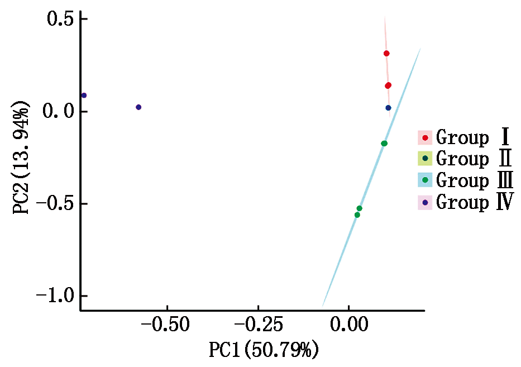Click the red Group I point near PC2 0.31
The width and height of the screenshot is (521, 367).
coord(386,54)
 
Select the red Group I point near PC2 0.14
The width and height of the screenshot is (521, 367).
coord(388,85)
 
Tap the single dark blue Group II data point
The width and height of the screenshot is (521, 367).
coord(389,108)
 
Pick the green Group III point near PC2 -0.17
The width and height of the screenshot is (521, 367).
coord(384,144)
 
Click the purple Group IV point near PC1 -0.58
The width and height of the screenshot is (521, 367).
coord(138,107)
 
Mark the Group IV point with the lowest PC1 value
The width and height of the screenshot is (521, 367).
coord(84,96)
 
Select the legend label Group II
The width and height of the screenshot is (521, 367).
coord(474,159)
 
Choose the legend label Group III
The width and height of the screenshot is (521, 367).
coord(475,180)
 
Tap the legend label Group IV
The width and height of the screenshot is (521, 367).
coord(475,202)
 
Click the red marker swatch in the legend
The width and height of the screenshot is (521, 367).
coord(426,137)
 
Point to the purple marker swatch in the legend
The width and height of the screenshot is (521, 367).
coord(426,203)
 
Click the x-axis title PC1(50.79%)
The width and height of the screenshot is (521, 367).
coord(264,351)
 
